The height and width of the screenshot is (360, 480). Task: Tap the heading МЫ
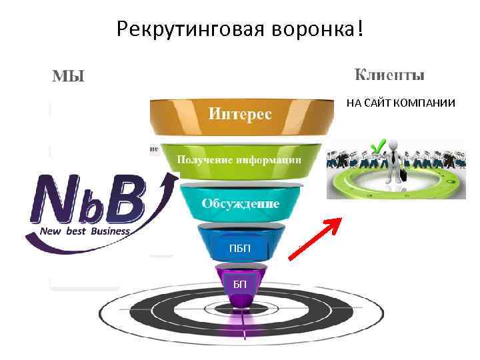[x=69, y=76]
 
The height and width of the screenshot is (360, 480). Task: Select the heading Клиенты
[x=389, y=75]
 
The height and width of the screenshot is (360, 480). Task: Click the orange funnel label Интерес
[x=240, y=113]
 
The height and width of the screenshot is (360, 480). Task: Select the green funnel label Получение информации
[x=239, y=160]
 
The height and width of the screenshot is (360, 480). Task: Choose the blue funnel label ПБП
[x=240, y=249]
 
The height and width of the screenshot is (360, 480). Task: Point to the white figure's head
[x=396, y=145]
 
